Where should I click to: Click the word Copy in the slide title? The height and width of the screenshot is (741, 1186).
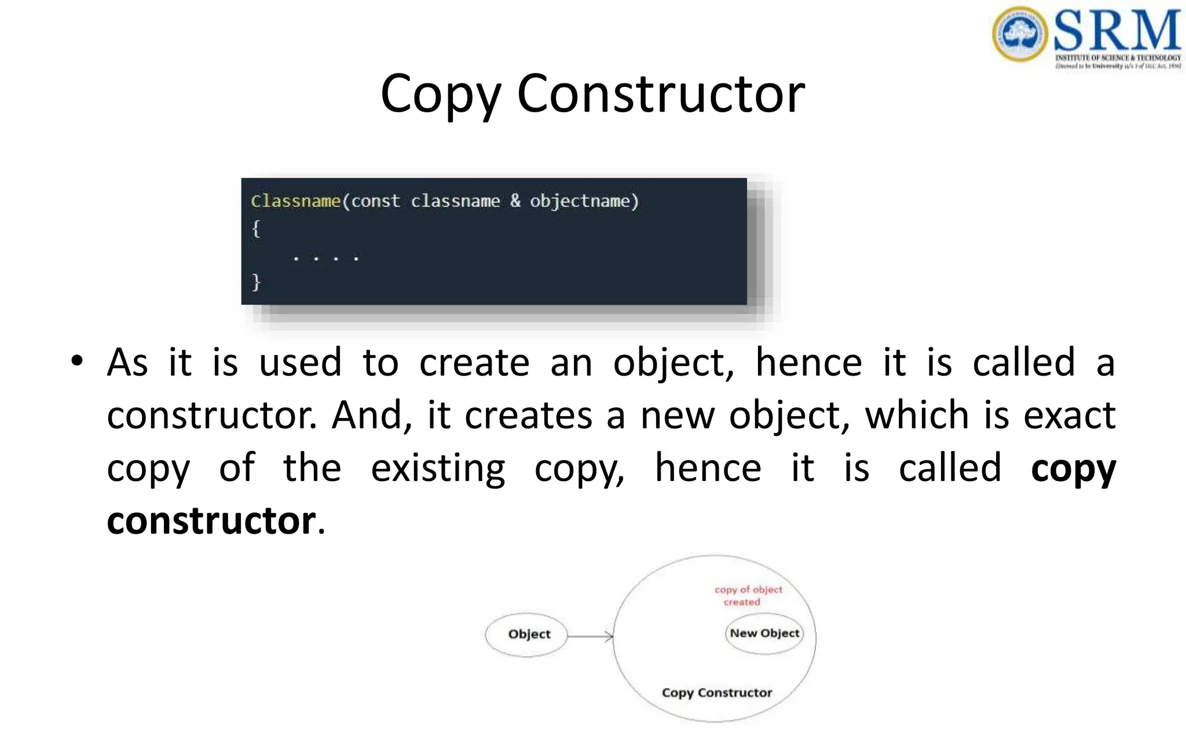point(440,94)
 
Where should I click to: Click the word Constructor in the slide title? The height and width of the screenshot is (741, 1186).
point(661,94)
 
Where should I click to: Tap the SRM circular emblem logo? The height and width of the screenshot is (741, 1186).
point(1020,34)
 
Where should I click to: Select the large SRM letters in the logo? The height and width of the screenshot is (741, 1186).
point(1117,31)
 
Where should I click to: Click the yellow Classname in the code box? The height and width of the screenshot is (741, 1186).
point(295,201)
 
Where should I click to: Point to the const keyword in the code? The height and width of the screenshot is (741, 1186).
point(375,201)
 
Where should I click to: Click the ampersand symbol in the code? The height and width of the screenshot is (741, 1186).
point(515,201)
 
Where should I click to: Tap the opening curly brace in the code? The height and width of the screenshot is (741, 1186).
point(256,229)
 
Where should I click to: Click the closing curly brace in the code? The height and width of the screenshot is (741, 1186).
point(256,282)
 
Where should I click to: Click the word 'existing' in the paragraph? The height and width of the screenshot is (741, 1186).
point(438,468)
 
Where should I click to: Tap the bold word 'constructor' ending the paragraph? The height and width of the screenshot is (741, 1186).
point(211,521)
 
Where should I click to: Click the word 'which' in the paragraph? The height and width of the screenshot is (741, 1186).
point(917,416)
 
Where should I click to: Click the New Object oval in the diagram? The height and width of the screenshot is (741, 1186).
point(764,633)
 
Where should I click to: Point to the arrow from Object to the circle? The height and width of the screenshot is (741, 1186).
point(590,636)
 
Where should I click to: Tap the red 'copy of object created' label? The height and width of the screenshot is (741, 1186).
point(748,596)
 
